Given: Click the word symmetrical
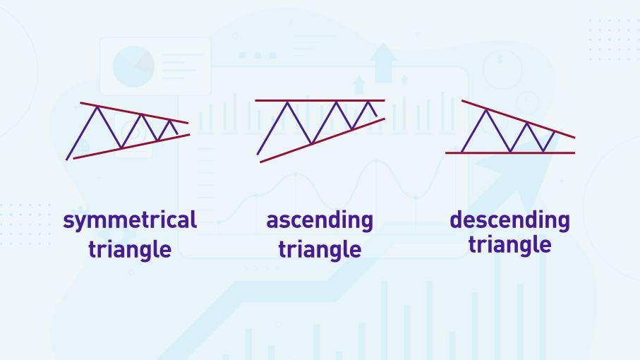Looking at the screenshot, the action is tap(130, 221).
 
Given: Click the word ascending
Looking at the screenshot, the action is tap(320, 221).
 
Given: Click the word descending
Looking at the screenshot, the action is tap(509, 220).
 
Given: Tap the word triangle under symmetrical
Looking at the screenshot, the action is tap(130, 248).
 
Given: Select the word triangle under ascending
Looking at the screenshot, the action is tap(320, 248).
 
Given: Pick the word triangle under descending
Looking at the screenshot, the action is tap(509, 244).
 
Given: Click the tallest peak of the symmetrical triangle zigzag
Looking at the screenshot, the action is tap(97, 107).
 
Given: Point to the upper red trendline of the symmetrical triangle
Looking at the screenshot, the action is tap(134, 112).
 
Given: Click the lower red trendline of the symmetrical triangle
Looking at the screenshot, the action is tap(131, 147).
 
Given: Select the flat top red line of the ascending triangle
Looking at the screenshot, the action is tap(320, 100).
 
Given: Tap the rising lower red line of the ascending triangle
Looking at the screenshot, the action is tap(322, 140).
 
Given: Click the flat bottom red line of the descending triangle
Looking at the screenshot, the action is tap(510, 153).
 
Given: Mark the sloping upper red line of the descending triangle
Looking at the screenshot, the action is tap(519, 119).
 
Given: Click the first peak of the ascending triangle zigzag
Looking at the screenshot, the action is tap(288, 103).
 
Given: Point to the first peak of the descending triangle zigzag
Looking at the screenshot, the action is tap(486, 111).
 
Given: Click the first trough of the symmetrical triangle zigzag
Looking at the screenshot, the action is tap(121, 147).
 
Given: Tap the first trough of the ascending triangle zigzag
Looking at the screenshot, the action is tap(311, 143).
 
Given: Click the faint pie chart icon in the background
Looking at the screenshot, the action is tap(133, 66).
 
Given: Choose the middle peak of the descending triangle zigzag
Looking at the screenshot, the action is tap(527, 124).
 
